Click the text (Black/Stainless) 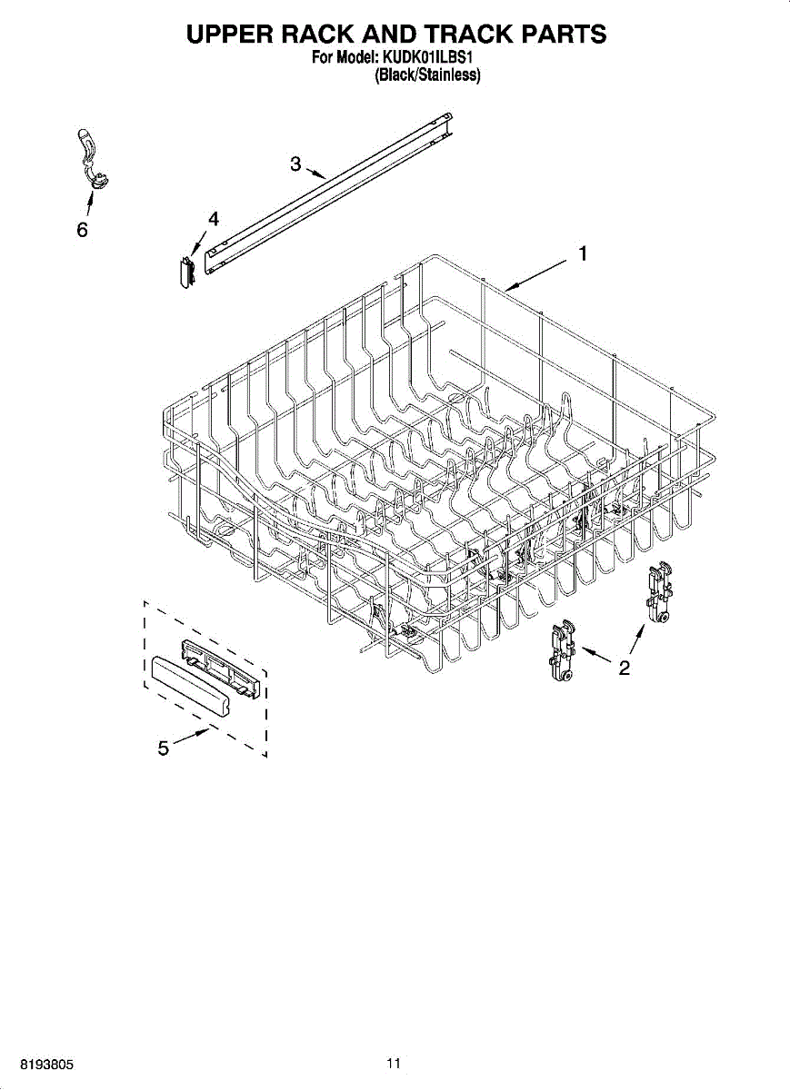click(427, 75)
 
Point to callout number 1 click(583, 254)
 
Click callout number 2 click(624, 669)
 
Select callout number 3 click(295, 163)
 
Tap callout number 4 click(213, 219)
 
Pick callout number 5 click(163, 748)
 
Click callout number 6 click(82, 231)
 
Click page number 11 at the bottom click(394, 1064)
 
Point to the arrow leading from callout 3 click(315, 171)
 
